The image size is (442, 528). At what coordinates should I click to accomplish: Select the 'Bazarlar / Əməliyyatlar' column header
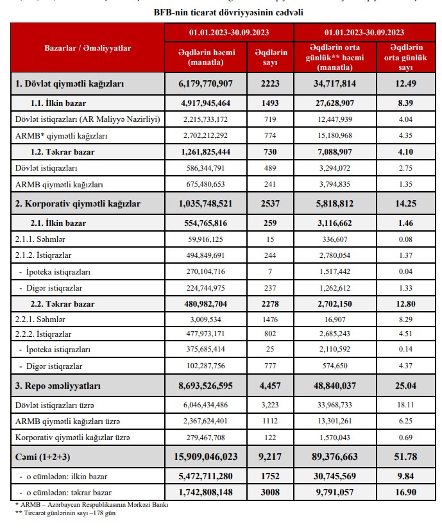click(x=87, y=48)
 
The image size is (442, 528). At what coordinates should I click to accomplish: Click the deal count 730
click(x=271, y=152)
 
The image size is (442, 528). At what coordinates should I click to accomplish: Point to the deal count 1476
click(x=271, y=318)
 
